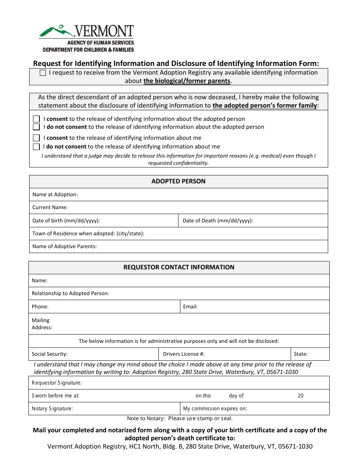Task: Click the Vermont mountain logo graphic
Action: (x=57, y=30)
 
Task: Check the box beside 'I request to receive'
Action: (x=43, y=73)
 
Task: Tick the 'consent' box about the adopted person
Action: (x=36, y=119)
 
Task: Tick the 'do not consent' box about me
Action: (x=36, y=147)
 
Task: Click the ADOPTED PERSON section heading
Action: (x=178, y=181)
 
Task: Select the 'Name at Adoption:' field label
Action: (x=55, y=194)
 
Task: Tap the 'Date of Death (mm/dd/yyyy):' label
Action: (x=218, y=220)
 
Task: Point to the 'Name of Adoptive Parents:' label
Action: (x=64, y=246)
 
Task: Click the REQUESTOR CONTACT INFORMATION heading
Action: (x=179, y=267)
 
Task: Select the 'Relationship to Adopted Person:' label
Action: (x=70, y=293)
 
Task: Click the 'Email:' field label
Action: (x=190, y=306)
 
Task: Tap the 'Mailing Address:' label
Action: (x=42, y=324)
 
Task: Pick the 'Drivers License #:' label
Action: (x=184, y=354)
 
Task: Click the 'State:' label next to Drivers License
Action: (x=301, y=354)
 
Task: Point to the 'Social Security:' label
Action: (x=50, y=354)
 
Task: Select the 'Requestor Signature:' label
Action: (x=56, y=383)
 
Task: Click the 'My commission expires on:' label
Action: (x=215, y=408)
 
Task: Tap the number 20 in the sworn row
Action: (x=301, y=396)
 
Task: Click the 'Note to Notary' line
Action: (x=180, y=419)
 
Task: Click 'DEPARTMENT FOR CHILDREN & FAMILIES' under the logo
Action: (x=88, y=50)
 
